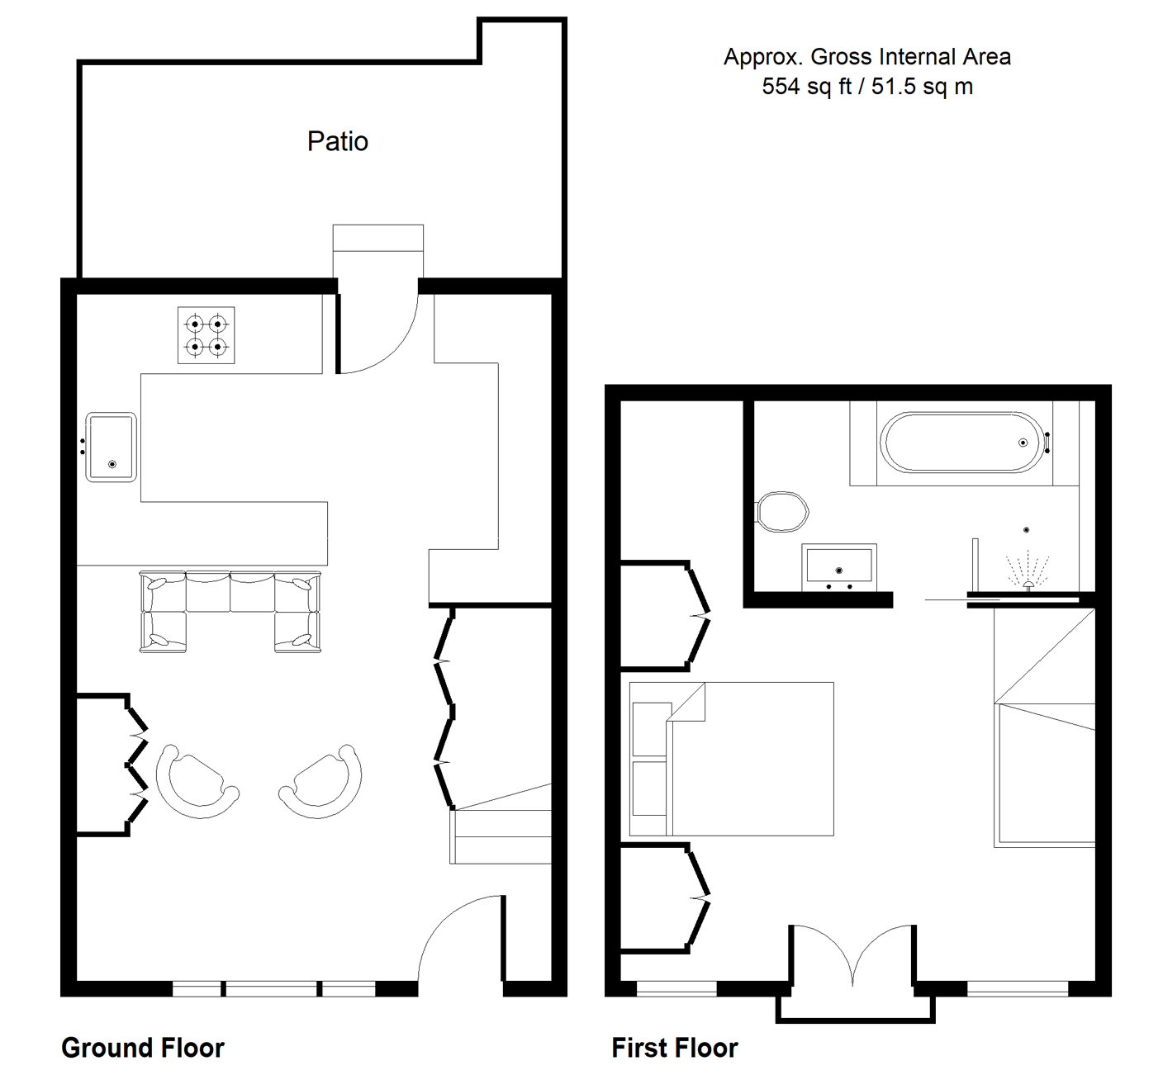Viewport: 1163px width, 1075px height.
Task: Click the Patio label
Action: (338, 141)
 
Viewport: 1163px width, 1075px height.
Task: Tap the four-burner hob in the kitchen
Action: (206, 335)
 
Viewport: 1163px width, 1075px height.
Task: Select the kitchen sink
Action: (112, 448)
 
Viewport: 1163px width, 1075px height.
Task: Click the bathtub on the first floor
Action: (964, 443)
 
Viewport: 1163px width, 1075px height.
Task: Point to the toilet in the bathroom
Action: (782, 512)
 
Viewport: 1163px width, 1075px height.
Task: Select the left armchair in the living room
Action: (197, 781)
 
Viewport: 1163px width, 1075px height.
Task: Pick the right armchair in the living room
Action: (320, 781)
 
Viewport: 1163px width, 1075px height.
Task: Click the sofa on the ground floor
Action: (230, 612)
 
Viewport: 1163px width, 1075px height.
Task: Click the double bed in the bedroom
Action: (731, 759)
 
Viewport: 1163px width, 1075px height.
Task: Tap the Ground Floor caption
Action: (143, 1048)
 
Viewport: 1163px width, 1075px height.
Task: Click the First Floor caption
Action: (675, 1048)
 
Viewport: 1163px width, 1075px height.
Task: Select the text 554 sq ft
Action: (806, 87)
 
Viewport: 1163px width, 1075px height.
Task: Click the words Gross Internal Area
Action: (910, 57)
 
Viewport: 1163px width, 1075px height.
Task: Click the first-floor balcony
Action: (855, 1008)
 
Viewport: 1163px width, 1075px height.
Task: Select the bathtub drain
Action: (1023, 443)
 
